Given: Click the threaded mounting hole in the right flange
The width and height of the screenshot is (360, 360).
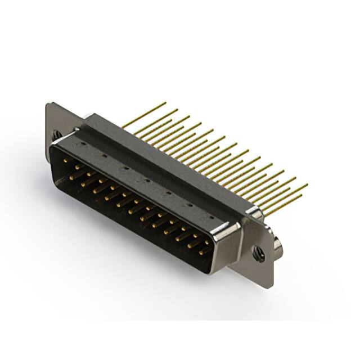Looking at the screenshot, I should [x=259, y=253].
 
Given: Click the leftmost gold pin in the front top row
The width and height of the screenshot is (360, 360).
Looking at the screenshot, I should [x=65, y=161].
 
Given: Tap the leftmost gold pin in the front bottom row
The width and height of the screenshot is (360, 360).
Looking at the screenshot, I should [x=72, y=175].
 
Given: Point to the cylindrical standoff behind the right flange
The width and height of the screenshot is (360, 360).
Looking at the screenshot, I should [x=278, y=245].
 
